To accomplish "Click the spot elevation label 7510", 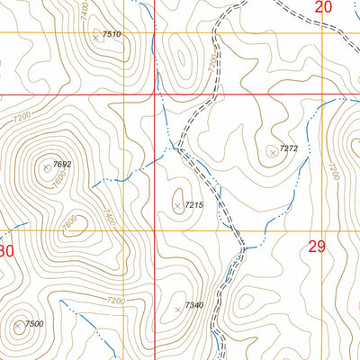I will tap(112, 34).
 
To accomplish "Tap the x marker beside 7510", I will tap(97, 38).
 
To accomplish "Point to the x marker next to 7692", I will tap(48, 166).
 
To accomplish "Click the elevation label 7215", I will tap(193, 206).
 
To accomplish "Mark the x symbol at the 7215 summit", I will tap(177, 207).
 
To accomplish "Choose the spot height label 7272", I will tap(288, 148).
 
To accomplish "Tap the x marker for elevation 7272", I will tap(273, 152).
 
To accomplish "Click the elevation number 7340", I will tap(194, 306).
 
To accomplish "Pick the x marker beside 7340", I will tap(178, 310).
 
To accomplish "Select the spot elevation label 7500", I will tap(33, 324).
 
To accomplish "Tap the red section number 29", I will tap(316, 247).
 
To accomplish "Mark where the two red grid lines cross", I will tap(154, 94).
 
